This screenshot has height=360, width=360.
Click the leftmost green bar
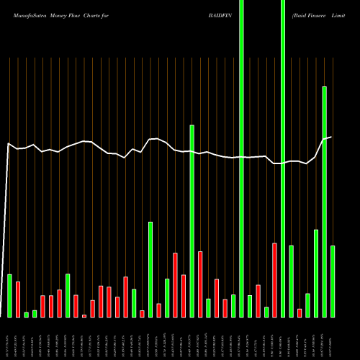click(x=9, y=296)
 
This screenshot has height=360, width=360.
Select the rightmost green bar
click(x=332, y=282)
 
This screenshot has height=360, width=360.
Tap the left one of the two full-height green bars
click(x=241, y=158)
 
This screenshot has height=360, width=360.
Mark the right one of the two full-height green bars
click(x=283, y=158)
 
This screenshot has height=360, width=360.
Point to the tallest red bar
click(x=274, y=280)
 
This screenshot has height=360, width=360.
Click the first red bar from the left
click(x=18, y=300)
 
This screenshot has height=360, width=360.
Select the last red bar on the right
click(x=300, y=313)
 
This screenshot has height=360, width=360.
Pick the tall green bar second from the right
click(x=324, y=202)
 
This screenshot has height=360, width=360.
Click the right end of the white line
click(x=331, y=137)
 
